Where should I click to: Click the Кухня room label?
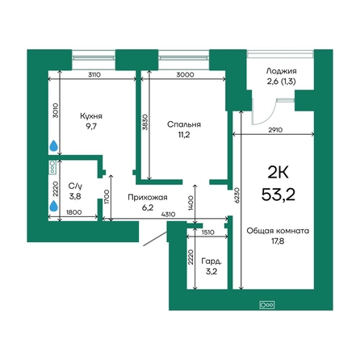pyautogui.click(x=91, y=116)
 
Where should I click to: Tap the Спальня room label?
pyautogui.click(x=184, y=124)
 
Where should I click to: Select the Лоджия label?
pyautogui.click(x=282, y=71)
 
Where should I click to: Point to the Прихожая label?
pyautogui.click(x=148, y=198)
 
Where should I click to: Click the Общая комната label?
pyautogui.click(x=278, y=231)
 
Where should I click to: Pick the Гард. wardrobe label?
pyautogui.click(x=211, y=262)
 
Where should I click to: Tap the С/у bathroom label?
pyautogui.click(x=75, y=186)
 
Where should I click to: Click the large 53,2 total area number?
pyautogui.click(x=278, y=195)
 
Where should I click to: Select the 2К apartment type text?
pyautogui.click(x=278, y=173)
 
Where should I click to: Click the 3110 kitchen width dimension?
pyautogui.click(x=94, y=75)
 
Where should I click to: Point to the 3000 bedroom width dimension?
pyautogui.click(x=185, y=75)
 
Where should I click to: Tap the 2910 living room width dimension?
pyautogui.click(x=275, y=130)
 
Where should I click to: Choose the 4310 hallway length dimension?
pyautogui.click(x=168, y=215)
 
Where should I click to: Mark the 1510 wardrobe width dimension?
pyautogui.click(x=207, y=232)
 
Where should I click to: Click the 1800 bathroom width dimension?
pyautogui.click(x=73, y=212)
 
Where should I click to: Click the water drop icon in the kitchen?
pyautogui.click(x=54, y=145)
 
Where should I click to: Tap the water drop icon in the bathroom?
pyautogui.click(x=54, y=206)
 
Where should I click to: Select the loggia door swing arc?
pyautogui.click(x=270, y=117)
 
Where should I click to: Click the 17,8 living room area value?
pyautogui.click(x=278, y=241)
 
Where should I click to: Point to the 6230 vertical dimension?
pyautogui.click(x=237, y=195)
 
